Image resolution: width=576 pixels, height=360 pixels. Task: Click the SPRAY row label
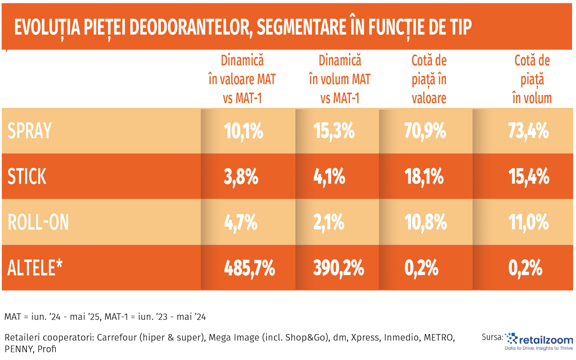(29, 131)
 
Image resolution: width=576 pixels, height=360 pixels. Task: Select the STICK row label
(27, 177)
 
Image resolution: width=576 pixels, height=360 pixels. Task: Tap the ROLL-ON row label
(38, 223)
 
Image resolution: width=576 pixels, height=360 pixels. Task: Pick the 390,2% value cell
(338, 268)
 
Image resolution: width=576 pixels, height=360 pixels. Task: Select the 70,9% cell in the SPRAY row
(429, 131)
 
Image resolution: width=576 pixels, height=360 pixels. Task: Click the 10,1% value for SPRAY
(243, 131)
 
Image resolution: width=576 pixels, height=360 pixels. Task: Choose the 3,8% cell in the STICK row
(242, 177)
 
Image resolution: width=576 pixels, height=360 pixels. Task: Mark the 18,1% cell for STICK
(429, 177)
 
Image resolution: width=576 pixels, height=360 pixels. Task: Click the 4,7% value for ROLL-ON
(242, 223)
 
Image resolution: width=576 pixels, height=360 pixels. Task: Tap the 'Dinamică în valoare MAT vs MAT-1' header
(242, 79)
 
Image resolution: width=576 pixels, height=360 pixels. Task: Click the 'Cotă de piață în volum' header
(532, 79)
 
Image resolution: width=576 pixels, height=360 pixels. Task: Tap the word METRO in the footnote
(438, 337)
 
